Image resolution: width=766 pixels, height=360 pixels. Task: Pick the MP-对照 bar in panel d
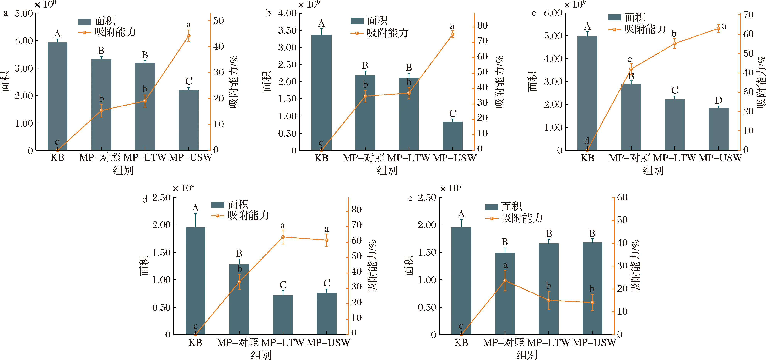point(239,299)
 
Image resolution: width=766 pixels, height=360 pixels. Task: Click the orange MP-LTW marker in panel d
point(283,237)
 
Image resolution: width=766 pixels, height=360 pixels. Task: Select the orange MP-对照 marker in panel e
point(505,281)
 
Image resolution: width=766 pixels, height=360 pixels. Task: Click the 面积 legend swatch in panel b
point(357,21)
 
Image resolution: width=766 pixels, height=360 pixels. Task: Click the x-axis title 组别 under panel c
point(653,171)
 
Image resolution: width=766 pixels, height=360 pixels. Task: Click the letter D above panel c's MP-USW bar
point(718,100)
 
